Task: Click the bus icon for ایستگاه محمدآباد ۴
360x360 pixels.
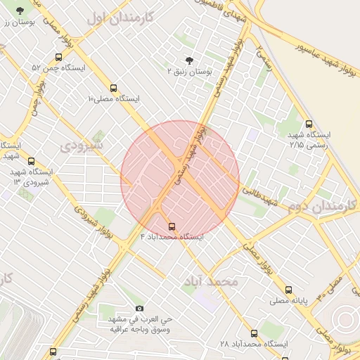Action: [172, 226]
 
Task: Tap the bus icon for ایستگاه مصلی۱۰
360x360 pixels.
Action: [114, 89]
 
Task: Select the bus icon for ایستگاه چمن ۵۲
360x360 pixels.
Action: [58, 58]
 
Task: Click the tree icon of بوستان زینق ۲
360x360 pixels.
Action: [189, 60]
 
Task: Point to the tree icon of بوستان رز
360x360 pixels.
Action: [19, 11]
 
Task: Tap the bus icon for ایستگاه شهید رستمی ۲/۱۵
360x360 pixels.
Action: [309, 124]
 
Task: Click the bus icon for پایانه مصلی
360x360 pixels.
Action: [288, 290]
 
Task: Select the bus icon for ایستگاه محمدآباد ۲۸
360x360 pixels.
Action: [254, 333]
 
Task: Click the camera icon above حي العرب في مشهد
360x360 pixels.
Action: [139, 308]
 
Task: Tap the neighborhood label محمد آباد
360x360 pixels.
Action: [211, 281]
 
